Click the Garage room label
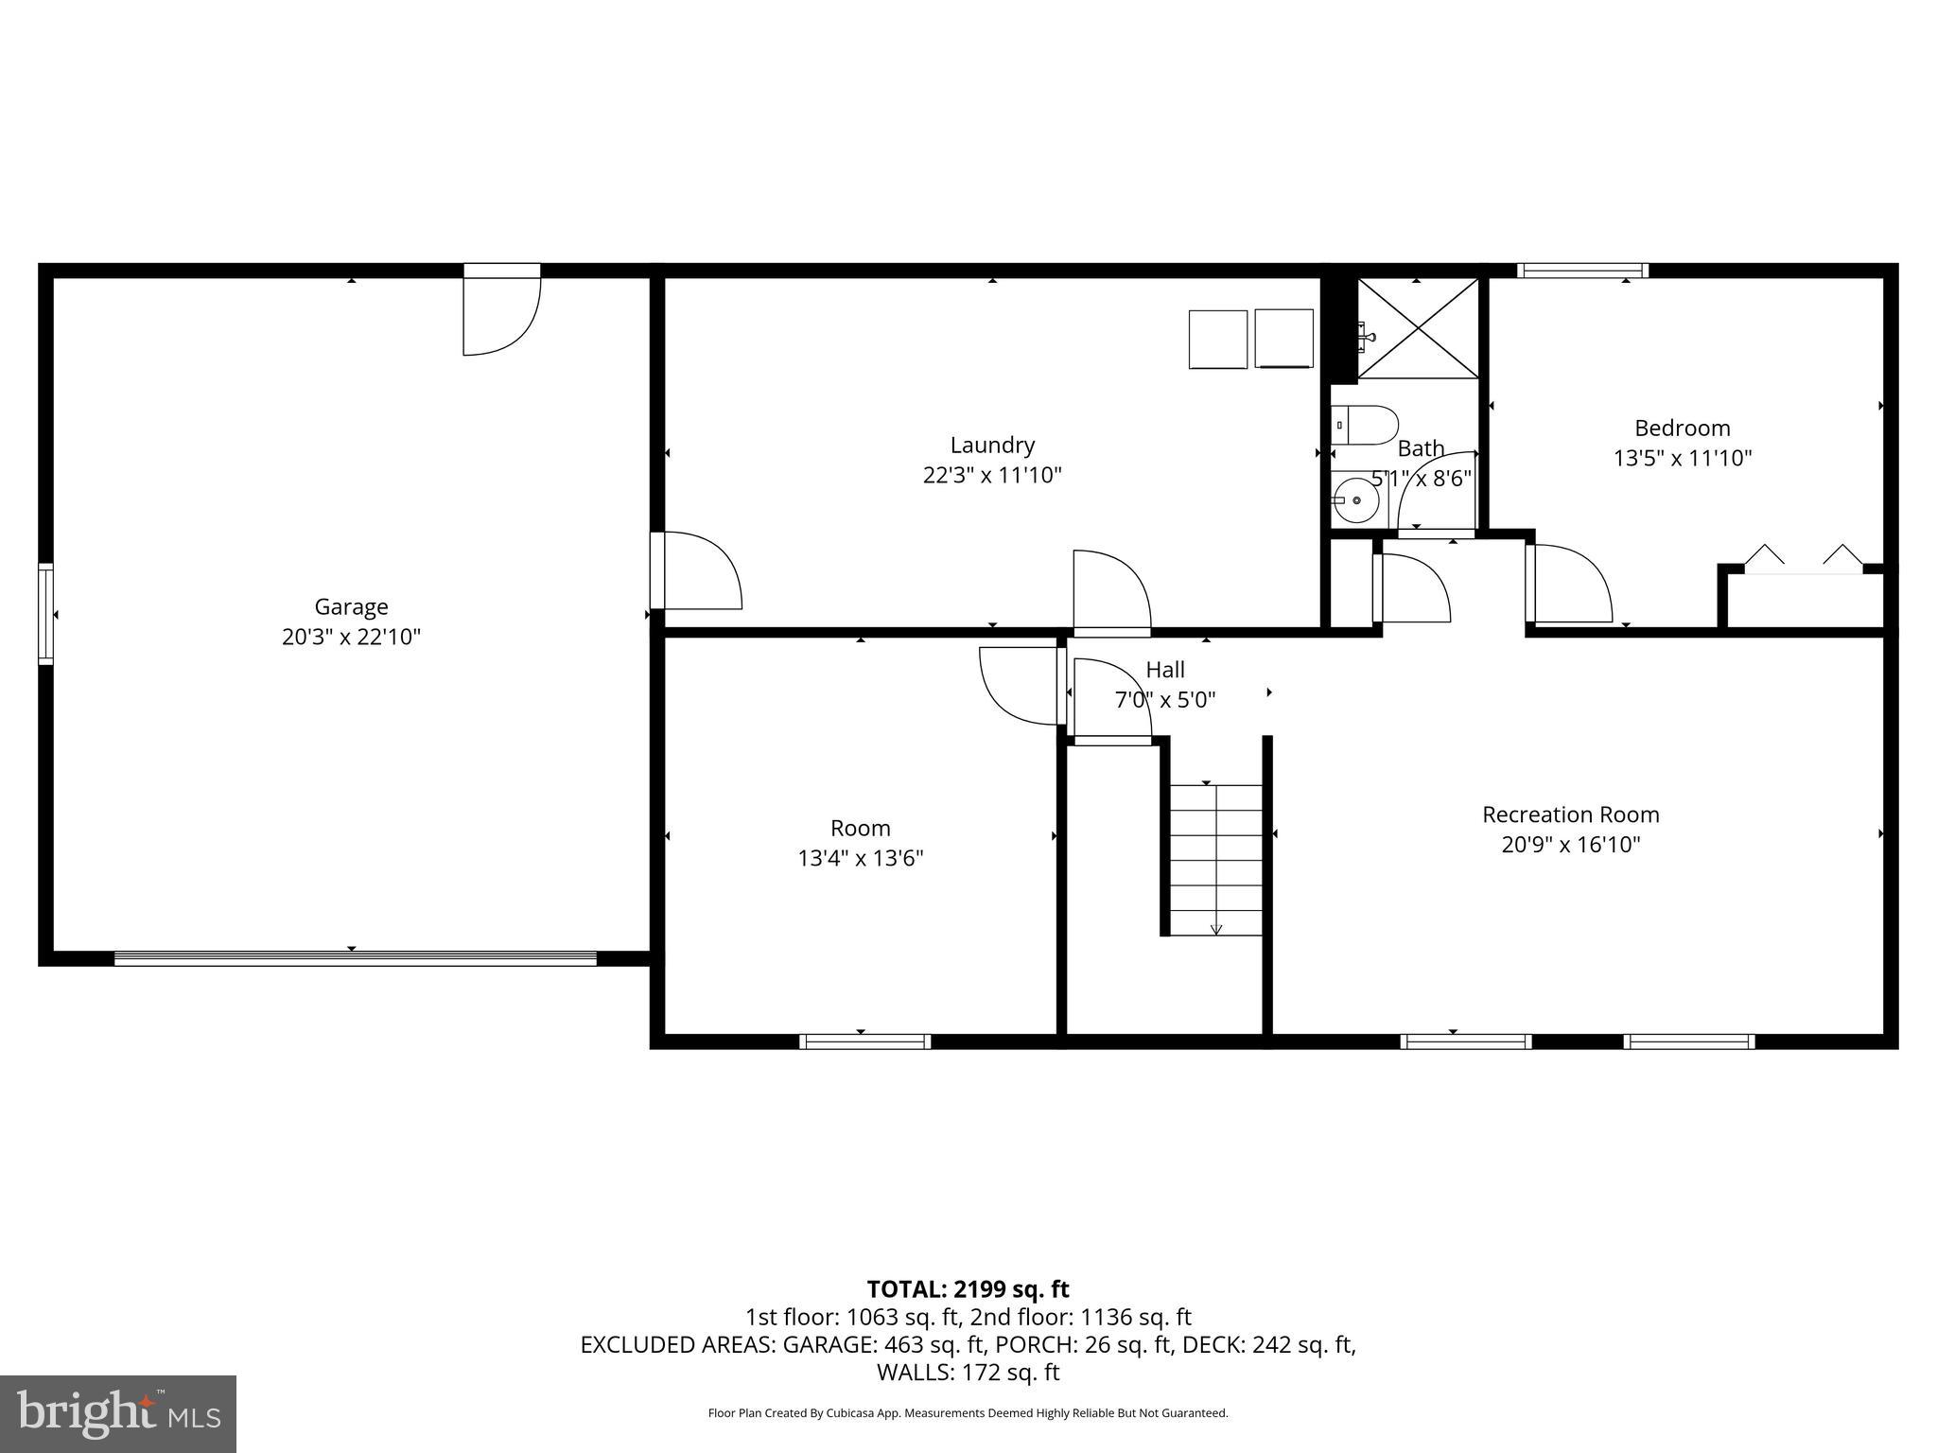[351, 606]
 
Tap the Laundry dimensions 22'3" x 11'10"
[992, 475]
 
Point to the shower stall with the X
[1418, 328]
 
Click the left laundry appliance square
[1218, 339]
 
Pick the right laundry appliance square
[1283, 339]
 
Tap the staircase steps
[1216, 859]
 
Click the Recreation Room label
[1570, 814]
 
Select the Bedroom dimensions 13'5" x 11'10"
[1682, 459]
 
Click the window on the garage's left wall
[45, 614]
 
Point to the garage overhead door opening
[355, 958]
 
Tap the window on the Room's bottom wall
[864, 1042]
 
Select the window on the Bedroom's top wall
[1582, 271]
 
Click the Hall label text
[1164, 670]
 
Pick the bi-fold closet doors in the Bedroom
[1802, 560]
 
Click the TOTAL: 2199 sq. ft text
[968, 1289]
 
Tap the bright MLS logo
[118, 1414]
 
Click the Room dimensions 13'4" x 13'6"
[860, 859]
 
